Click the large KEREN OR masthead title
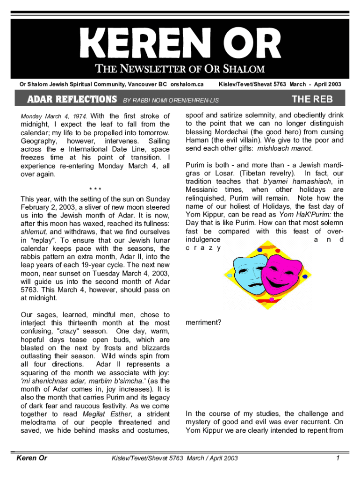pos(180,44)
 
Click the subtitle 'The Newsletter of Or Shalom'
pos(180,69)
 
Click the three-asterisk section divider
pos(95,189)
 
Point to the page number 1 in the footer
pos(337,458)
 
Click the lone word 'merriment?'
pos(203,323)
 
